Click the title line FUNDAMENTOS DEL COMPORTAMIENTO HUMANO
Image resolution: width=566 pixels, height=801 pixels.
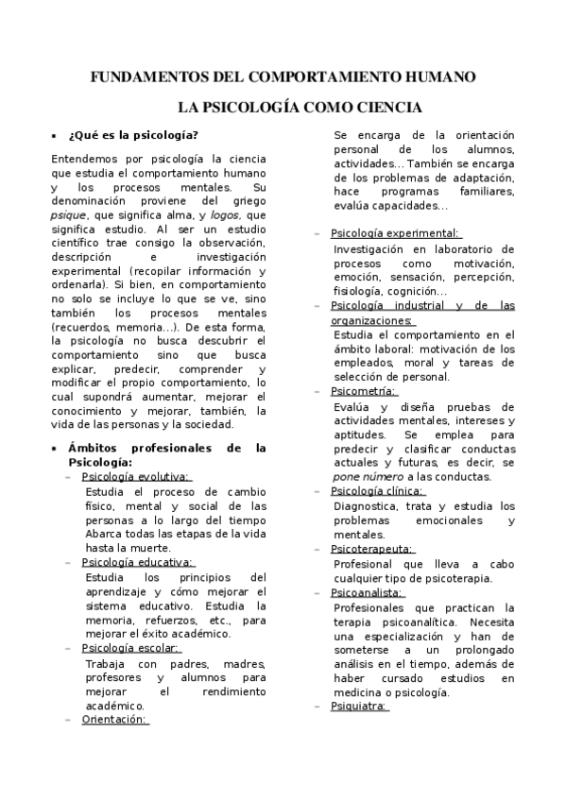283,77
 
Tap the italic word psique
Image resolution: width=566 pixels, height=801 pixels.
68,214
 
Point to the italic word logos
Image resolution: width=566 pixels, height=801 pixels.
224,214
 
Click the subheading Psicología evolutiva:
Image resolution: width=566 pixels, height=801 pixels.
135,476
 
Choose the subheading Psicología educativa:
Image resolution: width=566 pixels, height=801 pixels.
137,562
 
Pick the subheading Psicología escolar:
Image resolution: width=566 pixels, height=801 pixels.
130,648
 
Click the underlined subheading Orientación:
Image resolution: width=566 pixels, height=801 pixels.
115,719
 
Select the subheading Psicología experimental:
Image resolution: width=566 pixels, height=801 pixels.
395,232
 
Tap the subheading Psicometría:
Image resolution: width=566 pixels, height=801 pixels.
364,391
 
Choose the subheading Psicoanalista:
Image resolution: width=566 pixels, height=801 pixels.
368,592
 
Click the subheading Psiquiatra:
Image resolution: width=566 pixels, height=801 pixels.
359,706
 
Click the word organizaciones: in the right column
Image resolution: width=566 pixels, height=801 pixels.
371,320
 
